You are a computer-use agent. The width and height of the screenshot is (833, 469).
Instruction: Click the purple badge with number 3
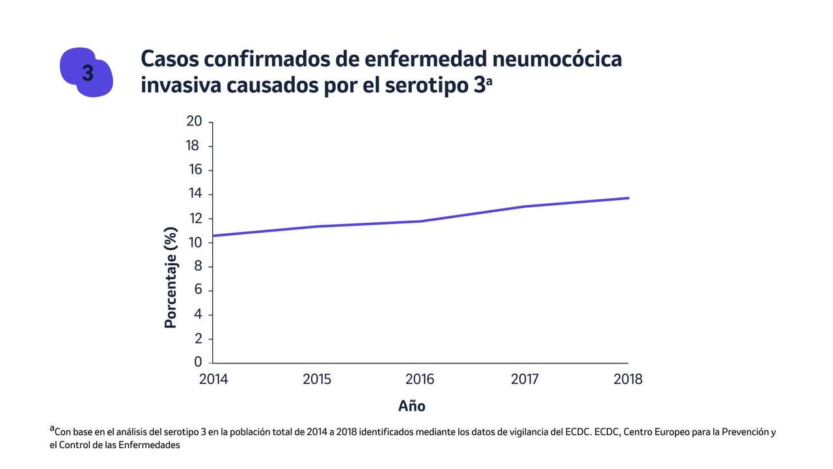pos(87,73)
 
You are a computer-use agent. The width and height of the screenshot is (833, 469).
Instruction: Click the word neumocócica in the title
pos(557,59)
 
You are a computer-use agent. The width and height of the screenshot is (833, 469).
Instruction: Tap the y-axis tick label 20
pos(194,122)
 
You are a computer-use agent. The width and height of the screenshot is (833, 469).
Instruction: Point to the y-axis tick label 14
pos(194,194)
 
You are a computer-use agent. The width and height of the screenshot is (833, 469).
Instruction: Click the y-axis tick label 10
pos(194,242)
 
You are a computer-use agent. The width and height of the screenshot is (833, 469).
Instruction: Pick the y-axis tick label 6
pos(198,291)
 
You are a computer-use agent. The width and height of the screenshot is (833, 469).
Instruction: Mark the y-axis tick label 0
pos(198,362)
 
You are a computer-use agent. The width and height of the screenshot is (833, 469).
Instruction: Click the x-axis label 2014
pos(213,379)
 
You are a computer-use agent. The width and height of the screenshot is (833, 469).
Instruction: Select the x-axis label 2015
pos(317,379)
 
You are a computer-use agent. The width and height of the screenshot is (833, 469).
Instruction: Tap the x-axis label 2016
pos(420,379)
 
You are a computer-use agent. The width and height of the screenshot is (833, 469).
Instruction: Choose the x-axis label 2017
pos(524,379)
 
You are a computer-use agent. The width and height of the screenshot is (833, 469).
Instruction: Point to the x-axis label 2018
pos(628,379)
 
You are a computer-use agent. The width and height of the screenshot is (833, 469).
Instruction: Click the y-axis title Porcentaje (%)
pos(171,277)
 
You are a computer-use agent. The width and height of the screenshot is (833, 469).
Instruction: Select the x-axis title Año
pos(412,406)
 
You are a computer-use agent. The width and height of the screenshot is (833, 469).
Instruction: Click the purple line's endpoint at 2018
pos(628,198)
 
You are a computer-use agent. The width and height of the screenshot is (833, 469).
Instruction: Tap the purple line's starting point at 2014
pos(213,235)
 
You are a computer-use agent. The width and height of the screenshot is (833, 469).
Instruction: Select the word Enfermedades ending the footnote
pos(150,446)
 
